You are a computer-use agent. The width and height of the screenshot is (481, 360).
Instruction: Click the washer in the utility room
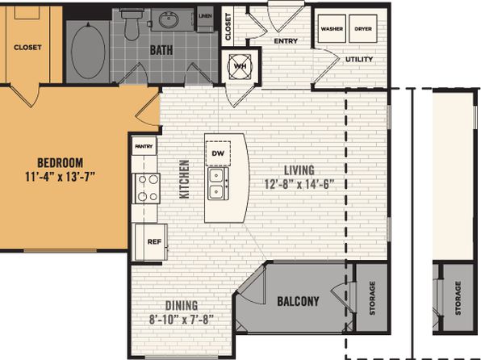(332, 28)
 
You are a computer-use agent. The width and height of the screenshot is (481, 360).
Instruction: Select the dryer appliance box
(363, 28)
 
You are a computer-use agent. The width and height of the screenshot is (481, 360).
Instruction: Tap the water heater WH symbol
(240, 66)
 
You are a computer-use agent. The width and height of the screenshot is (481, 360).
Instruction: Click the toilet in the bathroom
(132, 24)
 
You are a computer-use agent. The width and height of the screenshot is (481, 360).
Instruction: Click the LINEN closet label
(205, 16)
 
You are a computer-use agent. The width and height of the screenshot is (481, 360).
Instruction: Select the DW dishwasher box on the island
(218, 153)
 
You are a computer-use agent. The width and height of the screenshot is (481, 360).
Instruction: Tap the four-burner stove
(146, 188)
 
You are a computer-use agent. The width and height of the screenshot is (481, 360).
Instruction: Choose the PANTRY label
(144, 146)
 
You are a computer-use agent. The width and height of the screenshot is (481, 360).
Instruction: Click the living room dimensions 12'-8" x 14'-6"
(299, 184)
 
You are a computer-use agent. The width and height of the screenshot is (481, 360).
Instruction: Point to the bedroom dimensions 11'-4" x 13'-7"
(60, 177)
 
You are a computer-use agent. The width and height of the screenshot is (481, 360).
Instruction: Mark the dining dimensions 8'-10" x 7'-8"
(182, 320)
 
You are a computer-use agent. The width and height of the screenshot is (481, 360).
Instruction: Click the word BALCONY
(298, 301)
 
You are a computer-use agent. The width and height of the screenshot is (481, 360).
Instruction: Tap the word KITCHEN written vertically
(184, 179)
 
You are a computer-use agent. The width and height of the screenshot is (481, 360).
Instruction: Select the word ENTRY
(286, 41)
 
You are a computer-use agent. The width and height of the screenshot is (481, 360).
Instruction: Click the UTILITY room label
(359, 59)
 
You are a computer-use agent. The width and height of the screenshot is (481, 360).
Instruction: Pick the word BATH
(161, 50)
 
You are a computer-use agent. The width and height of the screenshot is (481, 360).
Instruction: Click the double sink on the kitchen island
(218, 183)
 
